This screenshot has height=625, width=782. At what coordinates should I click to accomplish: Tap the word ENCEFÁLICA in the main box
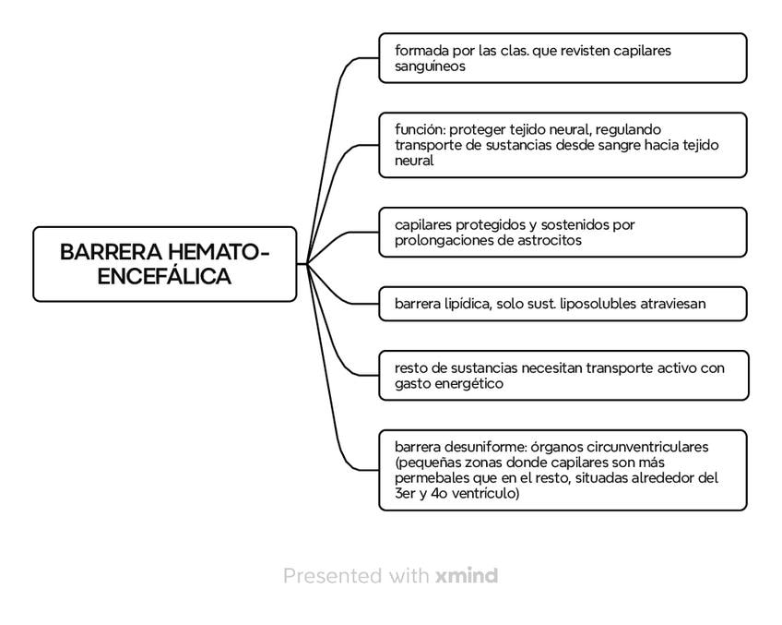(x=164, y=276)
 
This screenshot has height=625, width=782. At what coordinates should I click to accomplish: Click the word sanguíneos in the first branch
(x=430, y=66)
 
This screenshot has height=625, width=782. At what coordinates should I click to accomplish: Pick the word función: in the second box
(x=420, y=130)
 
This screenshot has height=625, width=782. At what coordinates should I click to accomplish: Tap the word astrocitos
(x=550, y=240)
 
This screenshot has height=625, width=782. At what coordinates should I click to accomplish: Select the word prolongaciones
(x=444, y=241)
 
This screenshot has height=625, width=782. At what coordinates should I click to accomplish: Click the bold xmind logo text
(x=467, y=575)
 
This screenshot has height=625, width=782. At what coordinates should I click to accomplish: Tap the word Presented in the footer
(x=333, y=575)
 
